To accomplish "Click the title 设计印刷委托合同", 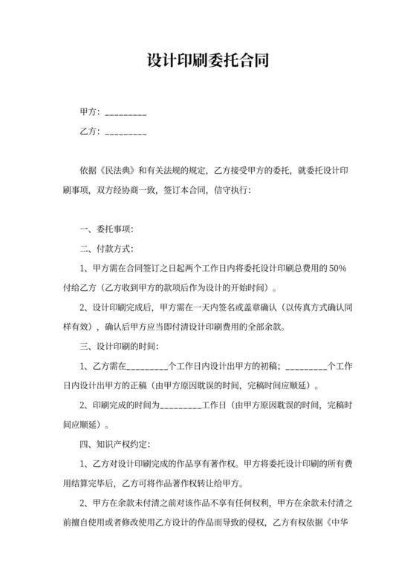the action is [207, 59].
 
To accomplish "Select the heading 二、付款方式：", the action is [107, 248].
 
